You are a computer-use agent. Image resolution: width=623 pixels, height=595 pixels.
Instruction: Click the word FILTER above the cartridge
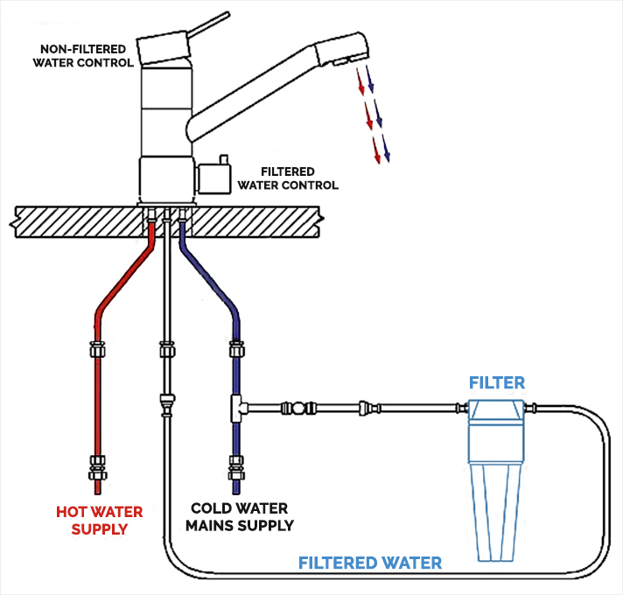click(496, 382)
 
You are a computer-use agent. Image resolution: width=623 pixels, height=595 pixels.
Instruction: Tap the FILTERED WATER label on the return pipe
click(370, 563)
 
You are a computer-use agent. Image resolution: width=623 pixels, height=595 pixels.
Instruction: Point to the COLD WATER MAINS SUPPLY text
click(243, 517)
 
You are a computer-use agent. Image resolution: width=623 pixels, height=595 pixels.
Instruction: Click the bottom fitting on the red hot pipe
click(96, 468)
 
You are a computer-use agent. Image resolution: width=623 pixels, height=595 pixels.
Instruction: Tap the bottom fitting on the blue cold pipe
click(235, 466)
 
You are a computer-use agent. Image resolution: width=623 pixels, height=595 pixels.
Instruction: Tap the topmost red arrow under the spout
click(359, 86)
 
